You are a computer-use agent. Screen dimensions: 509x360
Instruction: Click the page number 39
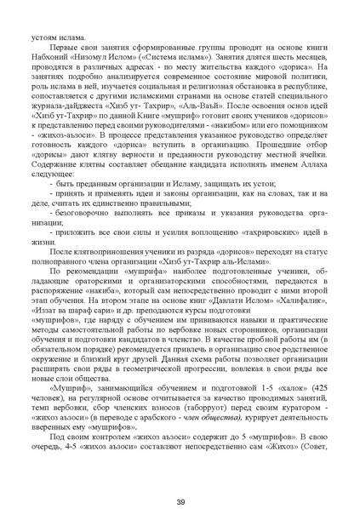click(180, 478)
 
